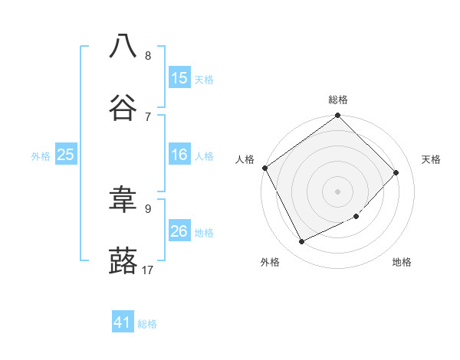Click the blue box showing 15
point(179,78)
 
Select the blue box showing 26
point(179,231)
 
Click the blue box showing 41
point(123,323)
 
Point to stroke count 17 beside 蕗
point(148,270)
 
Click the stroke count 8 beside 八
point(148,55)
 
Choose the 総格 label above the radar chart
point(338,100)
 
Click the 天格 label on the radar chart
point(431,159)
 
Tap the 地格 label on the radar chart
point(402,262)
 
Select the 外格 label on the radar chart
point(270,262)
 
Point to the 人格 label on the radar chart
point(245,159)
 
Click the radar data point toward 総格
point(338,116)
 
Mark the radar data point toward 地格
point(356,217)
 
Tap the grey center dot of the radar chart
point(338,191)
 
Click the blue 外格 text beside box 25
point(41,156)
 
